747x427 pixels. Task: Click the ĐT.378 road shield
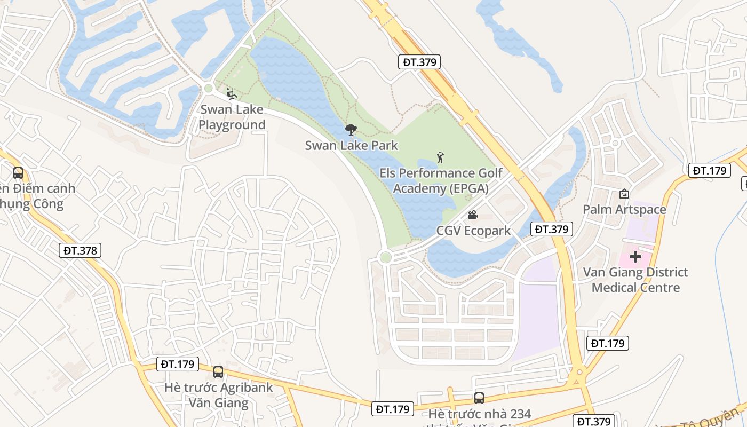pyautogui.click(x=80, y=250)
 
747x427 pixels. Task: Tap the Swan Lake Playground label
pyautogui.click(x=232, y=117)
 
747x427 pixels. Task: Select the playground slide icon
pyautogui.click(x=231, y=94)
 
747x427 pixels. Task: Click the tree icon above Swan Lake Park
pyautogui.click(x=351, y=129)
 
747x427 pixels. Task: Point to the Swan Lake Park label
pyautogui.click(x=352, y=145)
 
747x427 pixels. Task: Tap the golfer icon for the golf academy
pyautogui.click(x=440, y=157)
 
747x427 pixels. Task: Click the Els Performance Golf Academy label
pyautogui.click(x=441, y=181)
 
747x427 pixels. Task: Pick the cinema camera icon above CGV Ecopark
pyautogui.click(x=473, y=215)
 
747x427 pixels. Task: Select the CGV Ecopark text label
pyautogui.click(x=474, y=231)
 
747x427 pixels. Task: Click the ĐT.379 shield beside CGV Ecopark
pyautogui.click(x=552, y=229)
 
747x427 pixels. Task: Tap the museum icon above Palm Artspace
pyautogui.click(x=624, y=194)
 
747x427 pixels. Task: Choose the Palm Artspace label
pyautogui.click(x=624, y=210)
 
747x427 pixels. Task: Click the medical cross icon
pyautogui.click(x=635, y=257)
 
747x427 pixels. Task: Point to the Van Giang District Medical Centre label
pyautogui.click(x=635, y=280)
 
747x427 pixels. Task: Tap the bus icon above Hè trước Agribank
pyautogui.click(x=218, y=372)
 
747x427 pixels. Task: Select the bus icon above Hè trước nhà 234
pyautogui.click(x=479, y=398)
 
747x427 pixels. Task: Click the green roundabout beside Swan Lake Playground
pyautogui.click(x=208, y=88)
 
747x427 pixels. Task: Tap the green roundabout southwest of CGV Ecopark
pyautogui.click(x=385, y=257)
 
